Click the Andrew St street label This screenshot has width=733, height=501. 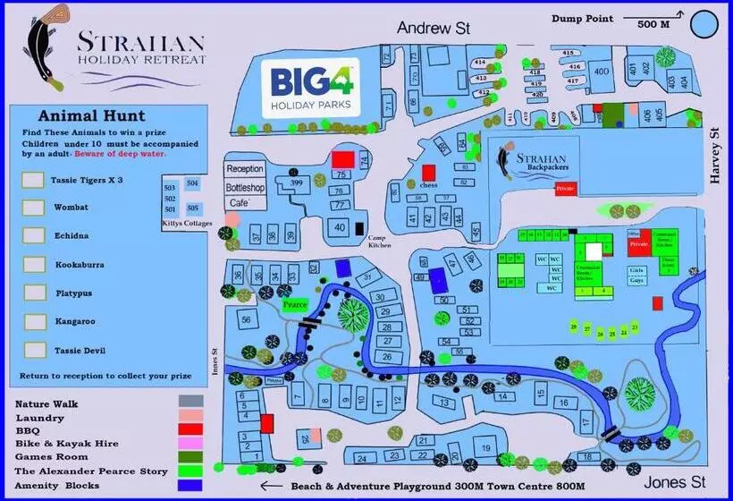(434, 29)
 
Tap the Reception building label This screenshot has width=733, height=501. (246, 169)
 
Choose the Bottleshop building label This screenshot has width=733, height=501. (246, 188)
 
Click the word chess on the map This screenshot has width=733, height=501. (439, 185)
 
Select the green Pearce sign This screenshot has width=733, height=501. (295, 304)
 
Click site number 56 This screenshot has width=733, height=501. (246, 319)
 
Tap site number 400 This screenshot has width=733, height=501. (602, 72)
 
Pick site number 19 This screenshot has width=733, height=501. (484, 448)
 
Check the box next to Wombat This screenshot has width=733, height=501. (33, 208)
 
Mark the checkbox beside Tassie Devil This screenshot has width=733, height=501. (36, 349)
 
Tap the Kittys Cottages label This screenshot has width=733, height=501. (185, 223)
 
